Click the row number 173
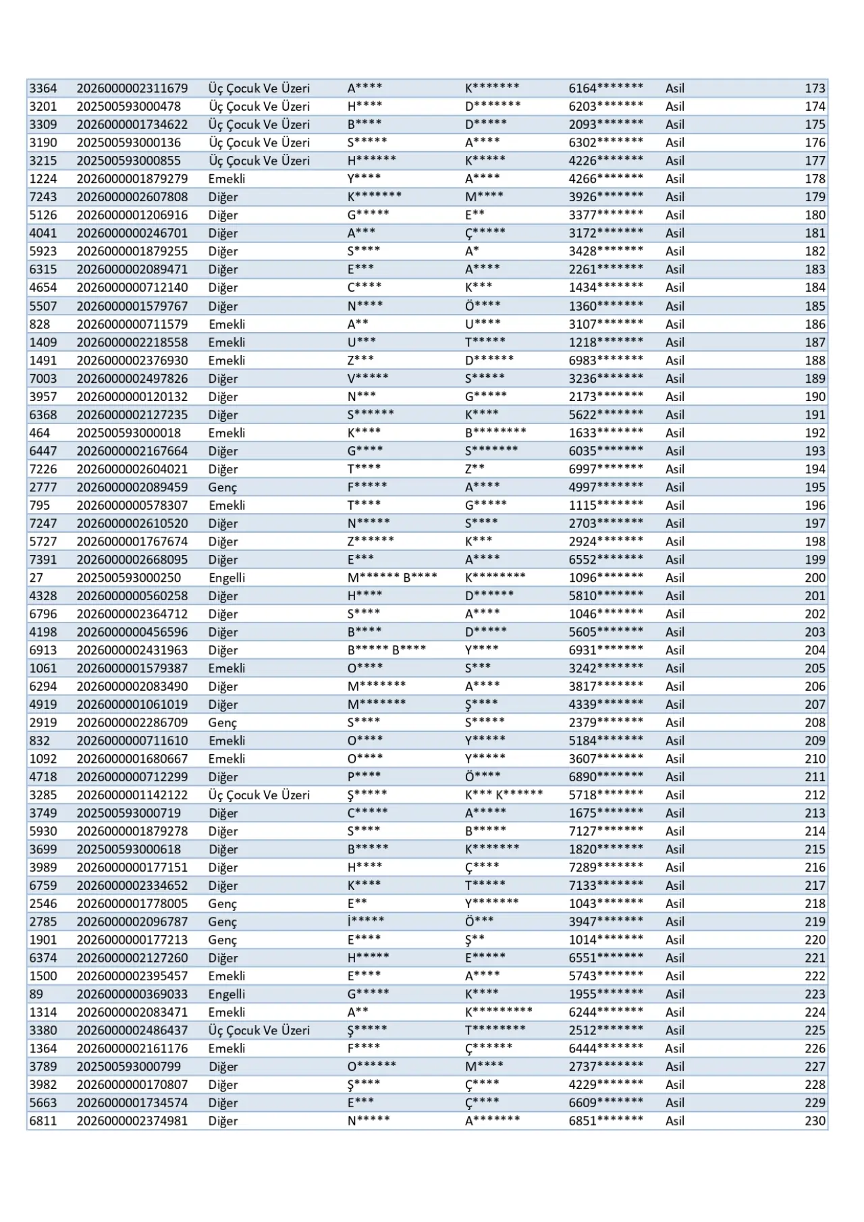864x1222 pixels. [x=815, y=88]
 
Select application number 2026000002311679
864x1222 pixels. [x=132, y=88]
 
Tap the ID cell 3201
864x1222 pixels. [x=43, y=107]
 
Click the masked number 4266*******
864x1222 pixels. [x=605, y=179]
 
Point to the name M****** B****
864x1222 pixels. [x=392, y=578]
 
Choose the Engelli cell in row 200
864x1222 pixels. [x=227, y=578]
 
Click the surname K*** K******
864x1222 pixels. [x=504, y=795]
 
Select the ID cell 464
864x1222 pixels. [x=39, y=433]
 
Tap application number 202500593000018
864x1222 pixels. [x=129, y=433]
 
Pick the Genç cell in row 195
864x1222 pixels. [x=223, y=487]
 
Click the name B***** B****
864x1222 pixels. [x=387, y=650]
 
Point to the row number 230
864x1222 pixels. [x=815, y=1121]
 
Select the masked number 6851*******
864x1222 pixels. [x=605, y=1121]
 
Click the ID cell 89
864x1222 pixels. [x=36, y=994]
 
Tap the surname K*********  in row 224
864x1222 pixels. [x=498, y=1012]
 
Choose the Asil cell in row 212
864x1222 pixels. [x=675, y=795]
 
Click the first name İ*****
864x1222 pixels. [x=366, y=922]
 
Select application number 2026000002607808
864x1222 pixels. [x=132, y=197]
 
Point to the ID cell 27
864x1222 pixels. [x=36, y=578]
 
